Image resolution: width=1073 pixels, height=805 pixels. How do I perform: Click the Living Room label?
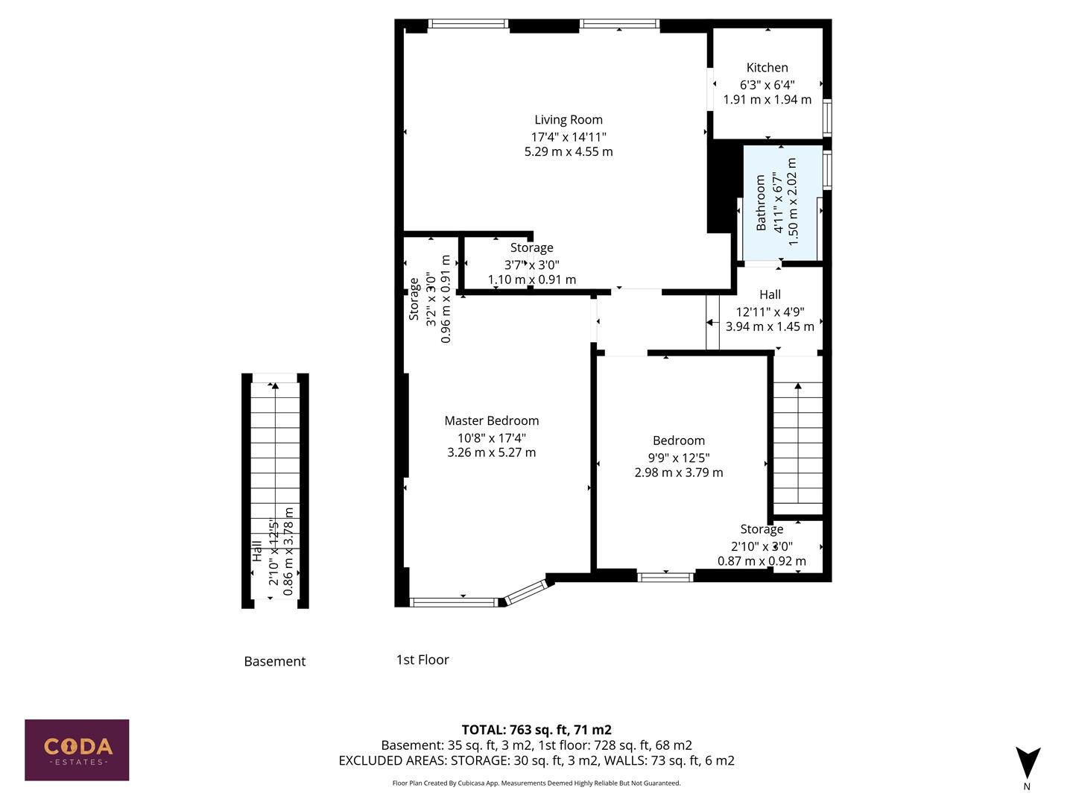568,119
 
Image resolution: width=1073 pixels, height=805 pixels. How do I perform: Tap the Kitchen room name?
767,68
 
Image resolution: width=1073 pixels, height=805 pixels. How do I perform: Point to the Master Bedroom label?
491,420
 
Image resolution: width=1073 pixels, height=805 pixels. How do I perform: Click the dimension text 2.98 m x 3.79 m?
678,473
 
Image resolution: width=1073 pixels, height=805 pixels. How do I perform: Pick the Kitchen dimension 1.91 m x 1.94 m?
767,99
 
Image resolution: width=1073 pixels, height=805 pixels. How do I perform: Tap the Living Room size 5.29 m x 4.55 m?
568,151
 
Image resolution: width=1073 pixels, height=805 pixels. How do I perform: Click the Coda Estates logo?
77,749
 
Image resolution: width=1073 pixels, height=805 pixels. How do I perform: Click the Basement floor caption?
274,661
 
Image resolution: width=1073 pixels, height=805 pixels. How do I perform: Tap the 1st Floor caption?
422,660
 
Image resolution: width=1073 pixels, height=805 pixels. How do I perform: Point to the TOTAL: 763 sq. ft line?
536,730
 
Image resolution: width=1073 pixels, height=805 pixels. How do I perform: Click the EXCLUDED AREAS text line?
536,760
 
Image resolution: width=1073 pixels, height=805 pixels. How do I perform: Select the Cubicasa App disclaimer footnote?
536,783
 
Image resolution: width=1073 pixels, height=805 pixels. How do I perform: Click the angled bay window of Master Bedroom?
528,591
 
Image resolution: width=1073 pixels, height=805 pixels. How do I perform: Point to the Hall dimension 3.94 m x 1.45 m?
770,326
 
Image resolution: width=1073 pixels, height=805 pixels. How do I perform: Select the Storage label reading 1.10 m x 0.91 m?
531,280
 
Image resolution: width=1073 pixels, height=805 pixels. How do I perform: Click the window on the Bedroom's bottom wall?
665,576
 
